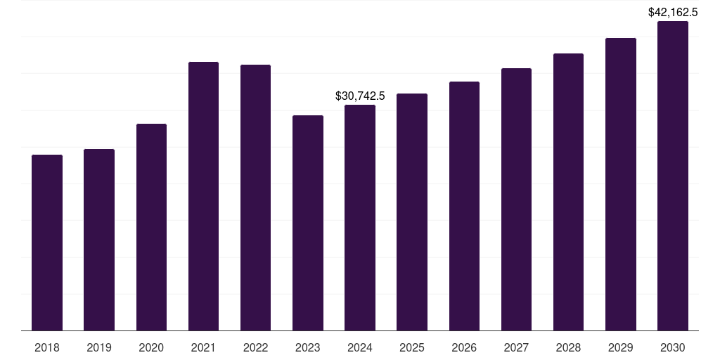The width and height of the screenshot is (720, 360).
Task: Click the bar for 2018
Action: click(47, 243)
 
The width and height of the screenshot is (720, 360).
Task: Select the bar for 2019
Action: click(99, 240)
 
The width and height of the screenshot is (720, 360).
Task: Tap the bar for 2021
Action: click(203, 196)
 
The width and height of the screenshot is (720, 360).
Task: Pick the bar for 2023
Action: click(308, 223)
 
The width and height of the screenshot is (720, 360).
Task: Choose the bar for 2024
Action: click(360, 218)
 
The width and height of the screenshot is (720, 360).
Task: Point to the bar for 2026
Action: click(464, 206)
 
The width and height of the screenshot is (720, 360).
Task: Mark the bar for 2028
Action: click(568, 192)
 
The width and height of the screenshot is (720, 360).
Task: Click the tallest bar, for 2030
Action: click(673, 176)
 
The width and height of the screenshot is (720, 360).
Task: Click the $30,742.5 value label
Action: click(360, 96)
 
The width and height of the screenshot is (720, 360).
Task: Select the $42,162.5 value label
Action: click(673, 12)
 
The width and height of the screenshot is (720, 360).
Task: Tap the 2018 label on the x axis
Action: click(47, 347)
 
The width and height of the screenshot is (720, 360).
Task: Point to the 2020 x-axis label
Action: click(151, 347)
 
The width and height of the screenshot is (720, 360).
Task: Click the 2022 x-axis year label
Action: click(255, 347)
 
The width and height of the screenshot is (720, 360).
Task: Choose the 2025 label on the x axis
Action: click(412, 347)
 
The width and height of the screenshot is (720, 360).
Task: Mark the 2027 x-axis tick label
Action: click(516, 347)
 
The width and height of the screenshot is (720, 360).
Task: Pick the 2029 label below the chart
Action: click(620, 347)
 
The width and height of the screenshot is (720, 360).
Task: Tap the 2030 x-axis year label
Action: click(673, 347)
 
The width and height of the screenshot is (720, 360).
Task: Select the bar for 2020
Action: click(151, 227)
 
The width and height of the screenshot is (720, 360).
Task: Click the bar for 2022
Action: click(255, 198)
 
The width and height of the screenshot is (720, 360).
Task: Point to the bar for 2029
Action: click(620, 184)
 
